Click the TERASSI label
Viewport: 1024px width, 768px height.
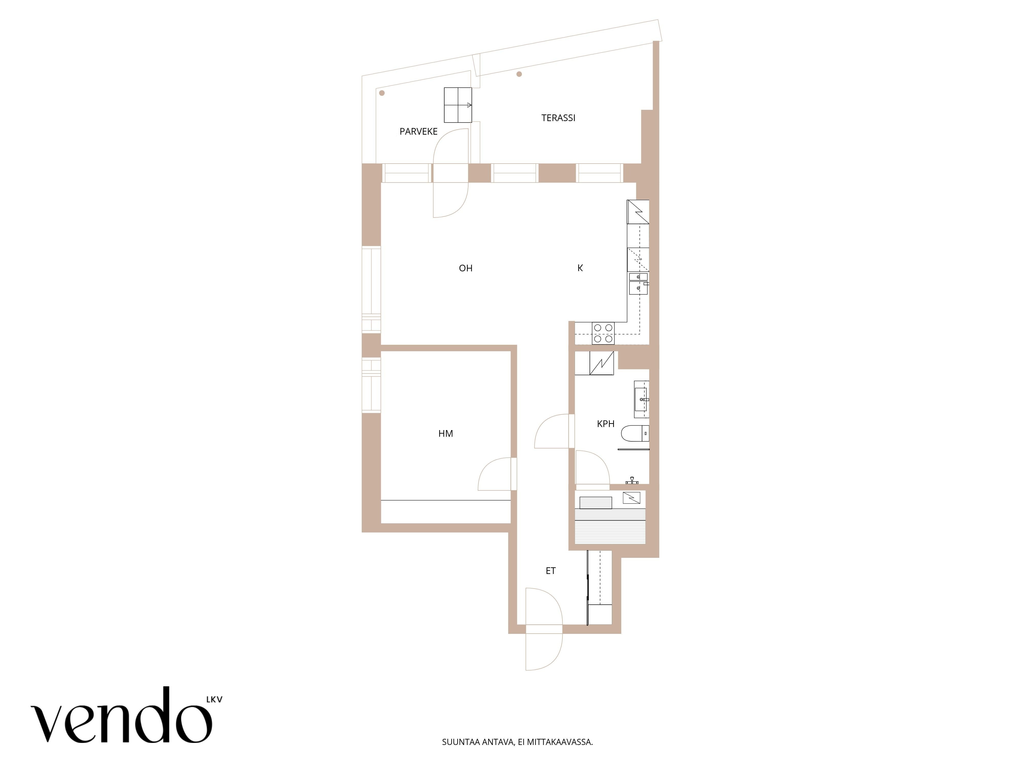pos(558,118)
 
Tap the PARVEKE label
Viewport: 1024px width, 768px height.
pos(419,132)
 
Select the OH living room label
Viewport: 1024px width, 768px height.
pos(466,268)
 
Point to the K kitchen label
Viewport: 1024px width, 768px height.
pos(580,268)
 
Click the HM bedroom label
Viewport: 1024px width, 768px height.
pos(446,434)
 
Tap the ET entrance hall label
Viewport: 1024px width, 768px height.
pos(550,571)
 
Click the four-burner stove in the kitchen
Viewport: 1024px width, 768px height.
pos(603,333)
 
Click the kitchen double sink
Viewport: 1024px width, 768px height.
pos(638,284)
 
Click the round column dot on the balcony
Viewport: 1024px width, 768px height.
pos(382,93)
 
